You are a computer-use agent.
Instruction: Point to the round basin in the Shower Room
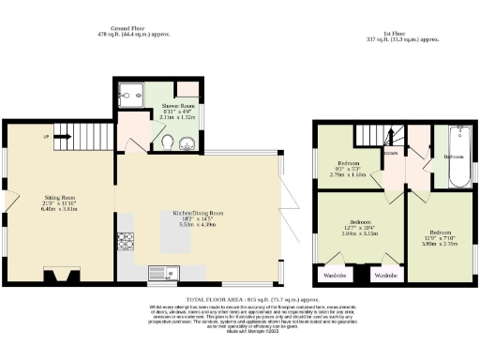(x=187, y=143)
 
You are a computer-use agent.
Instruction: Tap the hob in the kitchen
(x=125, y=243)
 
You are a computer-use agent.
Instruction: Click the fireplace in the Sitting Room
(x=63, y=274)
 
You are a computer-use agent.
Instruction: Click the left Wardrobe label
(x=335, y=276)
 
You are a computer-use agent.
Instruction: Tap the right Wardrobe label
(x=385, y=276)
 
